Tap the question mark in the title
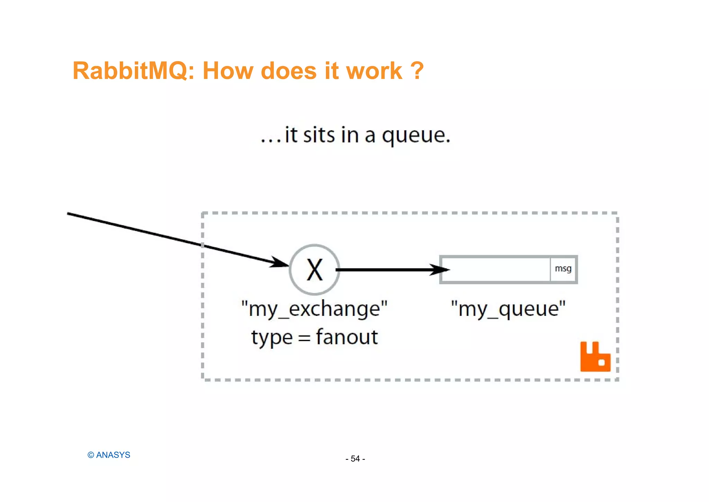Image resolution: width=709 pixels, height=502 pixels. pyautogui.click(x=418, y=71)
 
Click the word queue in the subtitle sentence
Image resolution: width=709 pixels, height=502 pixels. pyautogui.click(x=415, y=135)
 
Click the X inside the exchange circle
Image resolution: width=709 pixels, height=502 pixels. pyautogui.click(x=315, y=270)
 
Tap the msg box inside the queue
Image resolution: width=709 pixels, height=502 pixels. pyautogui.click(x=563, y=269)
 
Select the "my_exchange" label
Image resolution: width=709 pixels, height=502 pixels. pyautogui.click(x=314, y=309)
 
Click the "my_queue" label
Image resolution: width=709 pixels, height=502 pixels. pyautogui.click(x=508, y=308)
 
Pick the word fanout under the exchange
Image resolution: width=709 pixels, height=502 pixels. pyautogui.click(x=347, y=337)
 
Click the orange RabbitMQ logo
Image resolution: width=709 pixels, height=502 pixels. pyautogui.click(x=595, y=357)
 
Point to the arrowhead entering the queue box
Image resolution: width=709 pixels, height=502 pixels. pyautogui.click(x=440, y=270)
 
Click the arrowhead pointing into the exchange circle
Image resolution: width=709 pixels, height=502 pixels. pyautogui.click(x=280, y=262)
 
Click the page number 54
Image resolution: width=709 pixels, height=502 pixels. pyautogui.click(x=355, y=459)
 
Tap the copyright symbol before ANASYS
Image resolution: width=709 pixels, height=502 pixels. pyautogui.click(x=91, y=455)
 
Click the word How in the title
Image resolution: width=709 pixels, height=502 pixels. pyautogui.click(x=228, y=71)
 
